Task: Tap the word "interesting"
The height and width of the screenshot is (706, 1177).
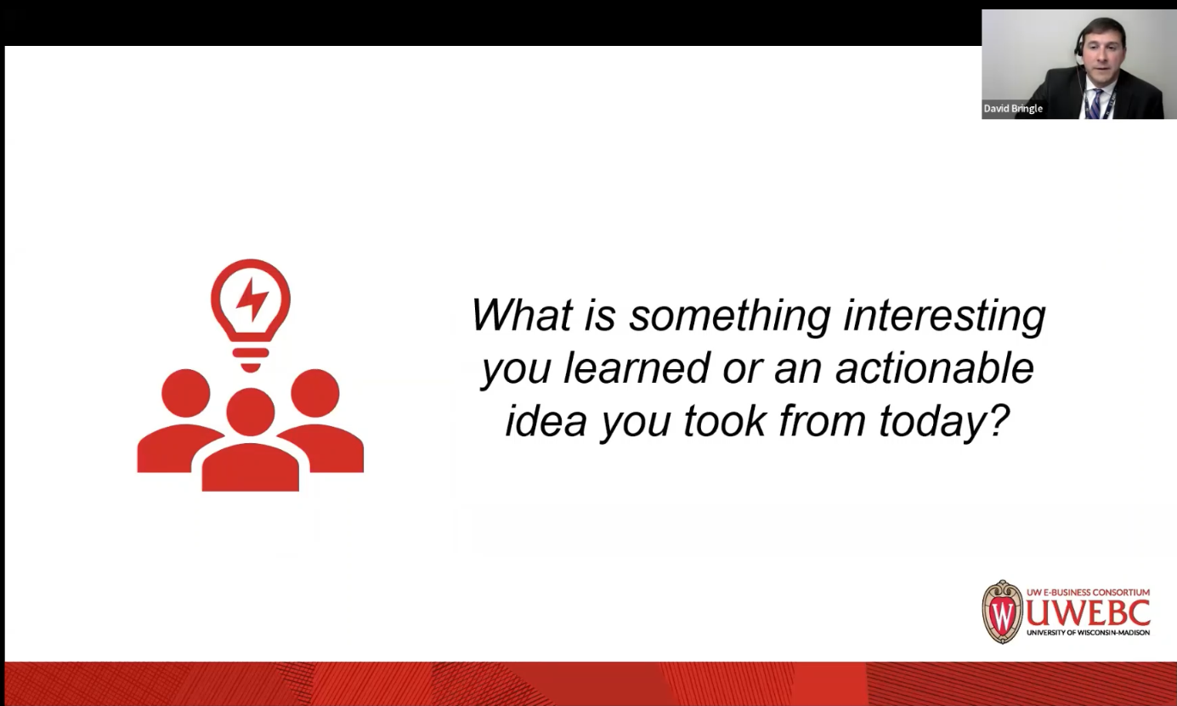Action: coord(944,316)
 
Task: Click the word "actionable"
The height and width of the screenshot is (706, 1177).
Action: coord(934,368)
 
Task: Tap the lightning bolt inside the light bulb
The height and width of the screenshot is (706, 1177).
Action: coord(252,299)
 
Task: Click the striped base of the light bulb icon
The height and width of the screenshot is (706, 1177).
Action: coord(251,357)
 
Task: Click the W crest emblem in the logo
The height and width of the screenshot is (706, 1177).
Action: coord(1003,612)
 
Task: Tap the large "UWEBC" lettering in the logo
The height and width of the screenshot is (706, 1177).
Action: coord(1088,612)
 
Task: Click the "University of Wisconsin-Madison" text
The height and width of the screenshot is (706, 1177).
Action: coord(1088,632)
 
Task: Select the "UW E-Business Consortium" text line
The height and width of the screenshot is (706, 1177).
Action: coord(1088,593)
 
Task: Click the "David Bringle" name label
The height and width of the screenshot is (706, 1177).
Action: coord(1013,109)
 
